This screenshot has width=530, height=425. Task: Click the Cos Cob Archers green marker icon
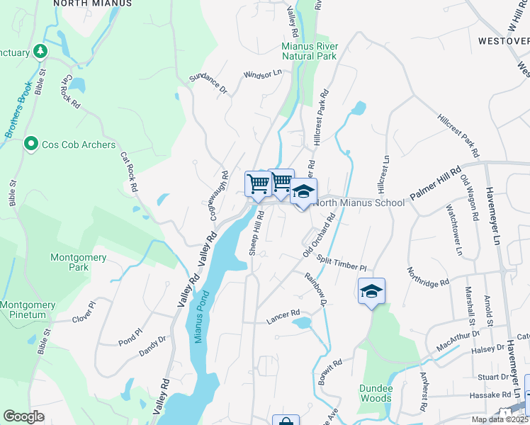coord(30,144)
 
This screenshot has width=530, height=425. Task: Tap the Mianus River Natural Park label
coord(310,51)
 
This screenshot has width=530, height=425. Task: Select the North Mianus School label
coord(359,203)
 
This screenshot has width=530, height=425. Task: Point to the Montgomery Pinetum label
coord(28,310)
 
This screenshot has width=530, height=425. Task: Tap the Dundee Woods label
coord(375,393)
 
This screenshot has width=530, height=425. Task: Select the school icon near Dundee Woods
coord(371,291)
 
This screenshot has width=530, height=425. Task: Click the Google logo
coord(23,416)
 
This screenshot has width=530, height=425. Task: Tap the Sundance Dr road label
coord(209,85)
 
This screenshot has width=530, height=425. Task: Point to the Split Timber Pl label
coord(342,263)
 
